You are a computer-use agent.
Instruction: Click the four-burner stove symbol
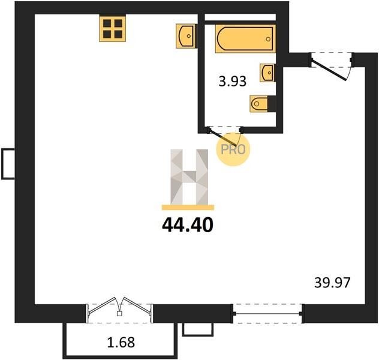pos(113,28)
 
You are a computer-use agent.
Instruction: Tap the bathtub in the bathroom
pos(245,38)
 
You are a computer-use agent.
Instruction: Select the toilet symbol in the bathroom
pos(259,104)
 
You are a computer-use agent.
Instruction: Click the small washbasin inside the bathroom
pos(267,73)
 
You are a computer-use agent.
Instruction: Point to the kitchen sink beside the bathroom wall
pos(185,36)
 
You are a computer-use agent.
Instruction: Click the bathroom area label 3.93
pos(233,81)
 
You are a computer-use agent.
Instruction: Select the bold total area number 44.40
pos(188,225)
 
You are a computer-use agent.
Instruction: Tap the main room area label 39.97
pos(332,283)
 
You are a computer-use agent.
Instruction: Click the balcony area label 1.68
pos(121,343)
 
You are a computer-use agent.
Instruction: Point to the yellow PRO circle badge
pos(233,149)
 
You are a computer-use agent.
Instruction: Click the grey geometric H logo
pos(189,177)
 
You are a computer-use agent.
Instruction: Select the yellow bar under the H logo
pos(188,208)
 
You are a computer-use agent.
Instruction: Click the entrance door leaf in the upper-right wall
pos(329,70)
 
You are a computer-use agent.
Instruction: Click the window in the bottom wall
pos(267,314)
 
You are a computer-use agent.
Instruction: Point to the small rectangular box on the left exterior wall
pos(8,164)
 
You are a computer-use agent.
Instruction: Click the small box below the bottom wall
pos(198,330)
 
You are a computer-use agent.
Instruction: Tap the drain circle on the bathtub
pos(268,39)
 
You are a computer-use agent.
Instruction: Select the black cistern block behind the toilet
pos(272,104)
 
